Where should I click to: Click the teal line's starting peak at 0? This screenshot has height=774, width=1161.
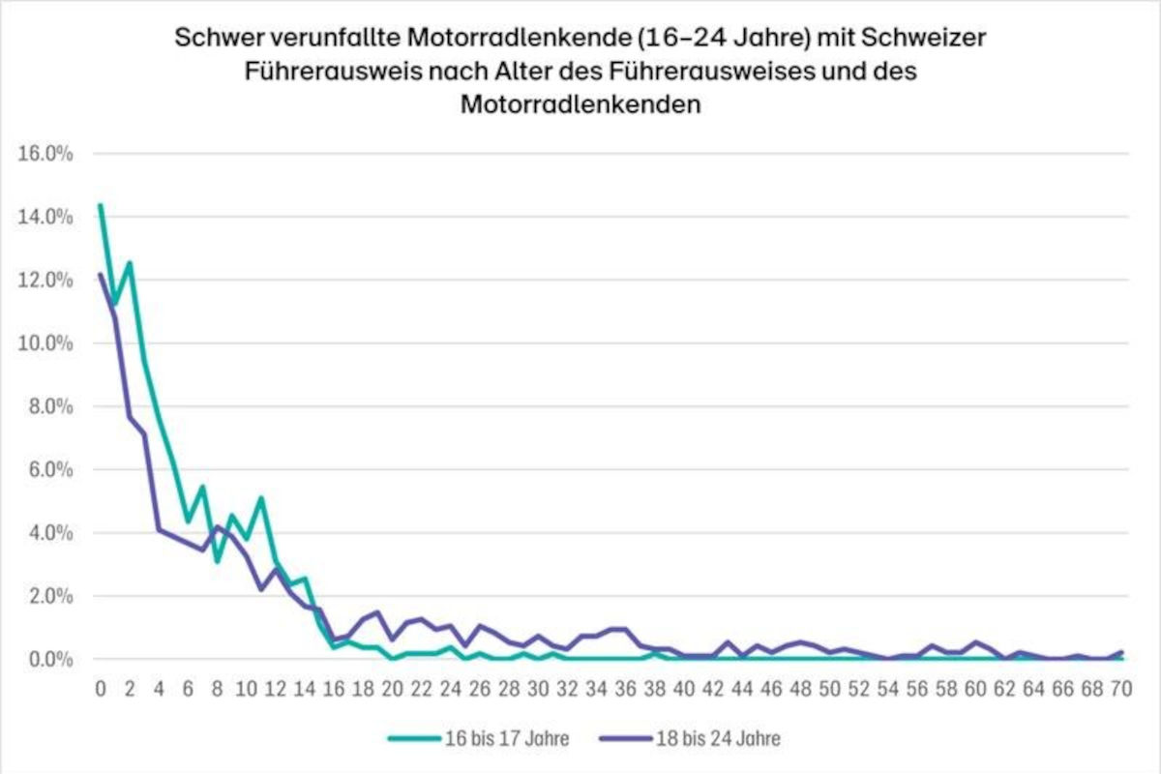click(x=101, y=205)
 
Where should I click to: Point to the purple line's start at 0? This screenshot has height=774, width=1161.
click(x=101, y=275)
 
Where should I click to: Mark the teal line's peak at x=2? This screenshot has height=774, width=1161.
click(x=129, y=262)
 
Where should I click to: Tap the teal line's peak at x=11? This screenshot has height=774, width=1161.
click(x=261, y=498)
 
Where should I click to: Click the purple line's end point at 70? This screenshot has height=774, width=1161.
click(x=1121, y=652)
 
